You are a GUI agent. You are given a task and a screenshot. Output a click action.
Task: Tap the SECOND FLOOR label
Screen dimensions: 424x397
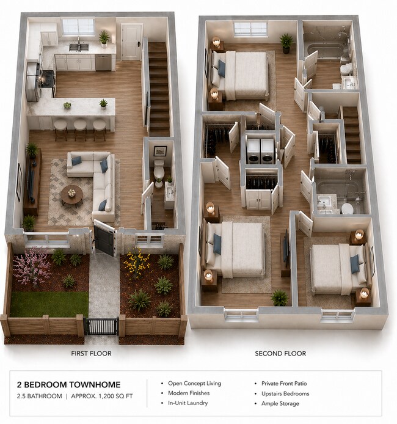[280, 354]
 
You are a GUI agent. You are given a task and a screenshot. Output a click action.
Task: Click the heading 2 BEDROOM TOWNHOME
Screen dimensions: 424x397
[68, 384]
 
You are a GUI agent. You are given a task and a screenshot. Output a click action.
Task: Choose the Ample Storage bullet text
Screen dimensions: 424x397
[280, 403]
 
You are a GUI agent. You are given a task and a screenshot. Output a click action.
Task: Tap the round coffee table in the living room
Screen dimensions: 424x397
[71, 194]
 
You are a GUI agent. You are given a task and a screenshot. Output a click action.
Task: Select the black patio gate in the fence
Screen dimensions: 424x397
[101, 326]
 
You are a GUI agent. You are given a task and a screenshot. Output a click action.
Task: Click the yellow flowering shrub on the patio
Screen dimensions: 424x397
[136, 263]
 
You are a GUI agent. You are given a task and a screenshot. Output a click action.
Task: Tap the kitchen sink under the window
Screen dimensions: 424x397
[79, 47]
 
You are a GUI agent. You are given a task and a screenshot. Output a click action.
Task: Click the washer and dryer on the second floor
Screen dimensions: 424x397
[260, 150]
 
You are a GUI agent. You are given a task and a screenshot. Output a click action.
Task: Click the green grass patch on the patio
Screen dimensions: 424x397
[49, 304]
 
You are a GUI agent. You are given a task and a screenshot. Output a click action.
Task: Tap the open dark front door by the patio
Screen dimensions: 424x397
[104, 238]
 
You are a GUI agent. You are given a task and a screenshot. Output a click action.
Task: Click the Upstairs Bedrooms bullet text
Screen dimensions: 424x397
[285, 393]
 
